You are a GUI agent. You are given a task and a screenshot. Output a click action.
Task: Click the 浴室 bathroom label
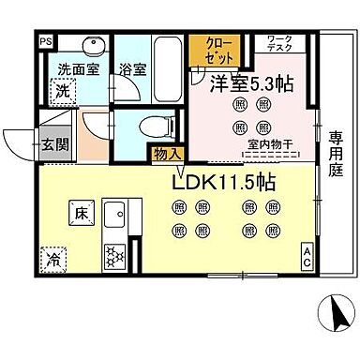130,69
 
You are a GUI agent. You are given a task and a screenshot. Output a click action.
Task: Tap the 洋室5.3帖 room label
250,82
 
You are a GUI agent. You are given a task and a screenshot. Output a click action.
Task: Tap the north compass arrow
331,309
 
